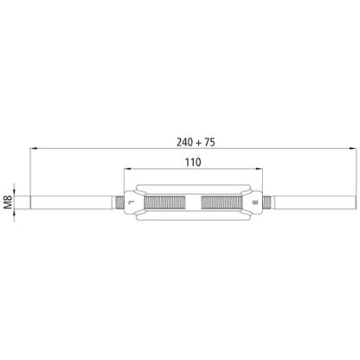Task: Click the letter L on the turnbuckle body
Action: [x=130, y=203]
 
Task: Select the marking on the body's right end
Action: [x=254, y=203]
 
